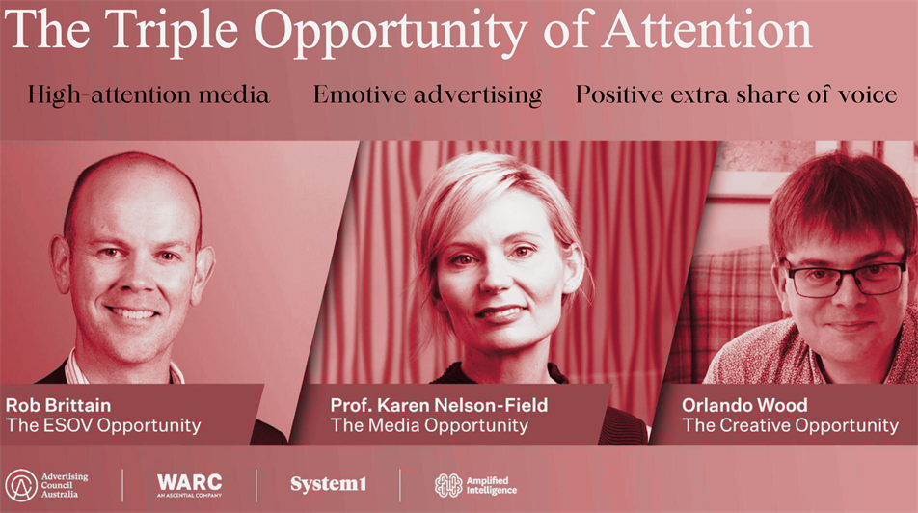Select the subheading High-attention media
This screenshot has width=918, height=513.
tap(148, 95)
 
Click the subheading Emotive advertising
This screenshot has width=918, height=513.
tap(428, 95)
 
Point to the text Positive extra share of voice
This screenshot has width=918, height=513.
tap(736, 94)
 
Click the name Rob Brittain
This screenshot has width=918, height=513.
tap(58, 405)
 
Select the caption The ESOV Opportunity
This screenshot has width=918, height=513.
tap(103, 426)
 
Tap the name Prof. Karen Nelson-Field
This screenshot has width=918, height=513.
tap(439, 405)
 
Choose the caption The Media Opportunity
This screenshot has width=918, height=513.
tap(429, 426)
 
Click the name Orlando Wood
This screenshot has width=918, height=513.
tap(744, 405)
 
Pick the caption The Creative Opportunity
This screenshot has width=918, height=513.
tap(791, 426)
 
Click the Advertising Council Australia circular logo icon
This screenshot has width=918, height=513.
tap(21, 485)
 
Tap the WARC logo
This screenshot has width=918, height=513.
tap(190, 485)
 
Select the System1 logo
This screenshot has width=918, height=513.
tap(329, 484)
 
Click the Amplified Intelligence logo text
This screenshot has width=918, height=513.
tap(491, 485)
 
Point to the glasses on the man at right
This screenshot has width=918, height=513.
tap(847, 278)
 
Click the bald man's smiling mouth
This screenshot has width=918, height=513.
tap(132, 313)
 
